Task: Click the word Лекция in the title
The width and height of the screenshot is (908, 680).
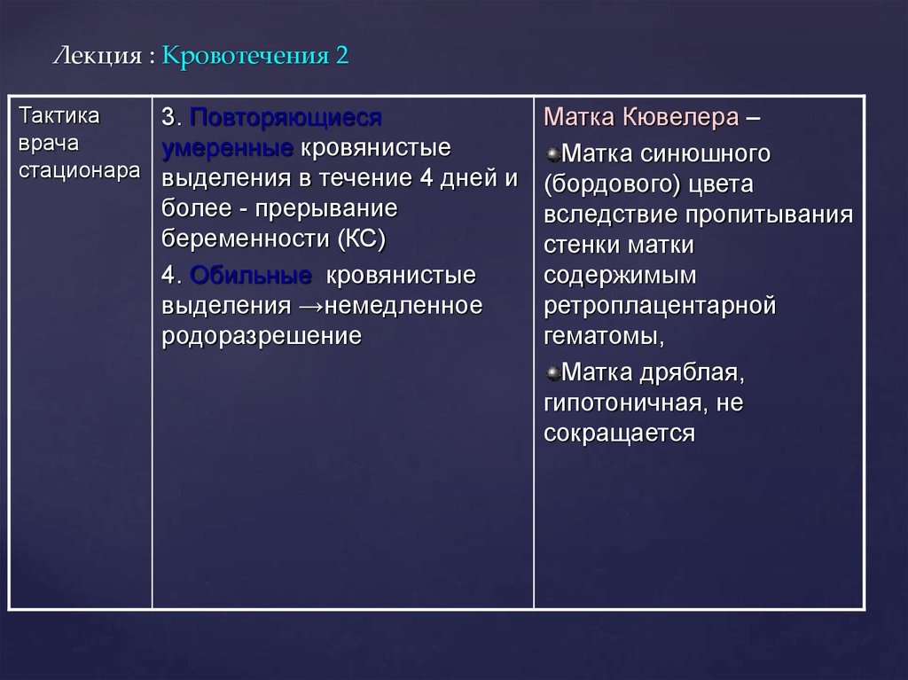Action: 97,56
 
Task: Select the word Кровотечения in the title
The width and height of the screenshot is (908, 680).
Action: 244,56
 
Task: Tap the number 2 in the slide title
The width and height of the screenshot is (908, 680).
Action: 342,56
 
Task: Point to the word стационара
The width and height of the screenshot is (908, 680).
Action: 78,171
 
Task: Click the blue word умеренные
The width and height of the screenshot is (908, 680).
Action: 228,147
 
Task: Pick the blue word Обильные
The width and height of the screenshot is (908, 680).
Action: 251,276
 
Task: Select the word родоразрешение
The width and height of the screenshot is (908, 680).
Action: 262,337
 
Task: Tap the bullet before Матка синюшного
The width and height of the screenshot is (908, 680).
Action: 552,154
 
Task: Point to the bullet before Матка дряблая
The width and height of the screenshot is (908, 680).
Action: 552,371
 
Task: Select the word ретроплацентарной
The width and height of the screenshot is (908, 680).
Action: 661,306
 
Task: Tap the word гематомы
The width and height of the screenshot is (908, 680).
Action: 602,337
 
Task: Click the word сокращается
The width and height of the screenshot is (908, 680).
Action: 619,434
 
